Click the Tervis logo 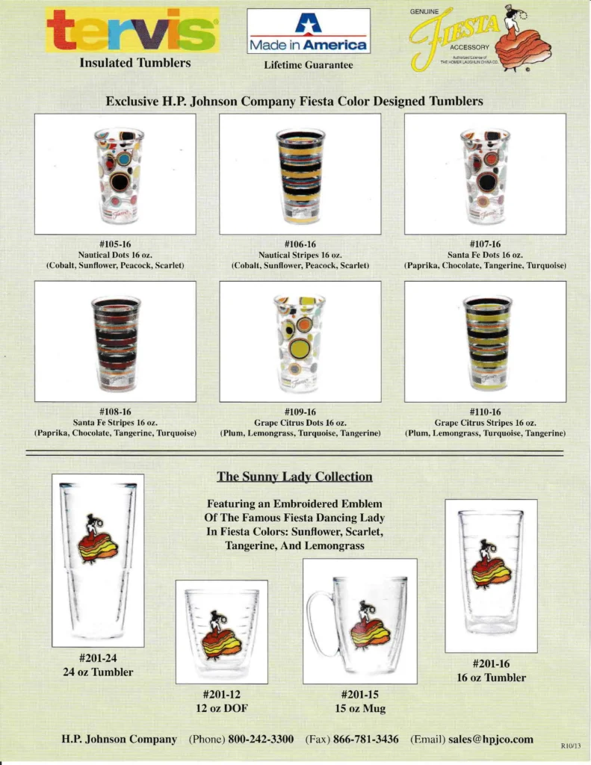click(132, 30)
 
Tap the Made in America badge click(309, 33)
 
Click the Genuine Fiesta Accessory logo click(478, 38)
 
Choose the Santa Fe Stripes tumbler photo click(116, 341)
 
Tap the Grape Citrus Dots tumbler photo click(300, 341)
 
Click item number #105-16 click(115, 244)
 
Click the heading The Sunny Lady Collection click(294, 477)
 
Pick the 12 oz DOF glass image click(222, 631)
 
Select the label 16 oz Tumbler click(491, 678)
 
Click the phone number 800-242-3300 click(261, 739)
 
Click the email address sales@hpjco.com click(491, 739)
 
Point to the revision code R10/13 click(570, 746)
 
